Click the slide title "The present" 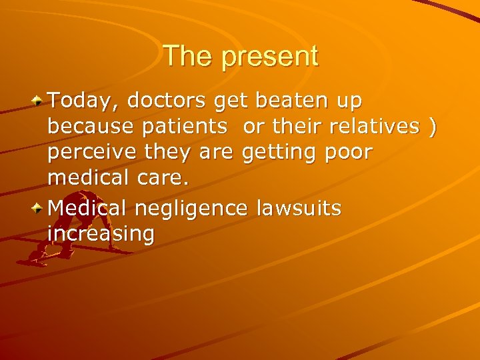240,56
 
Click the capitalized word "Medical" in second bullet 88,209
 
